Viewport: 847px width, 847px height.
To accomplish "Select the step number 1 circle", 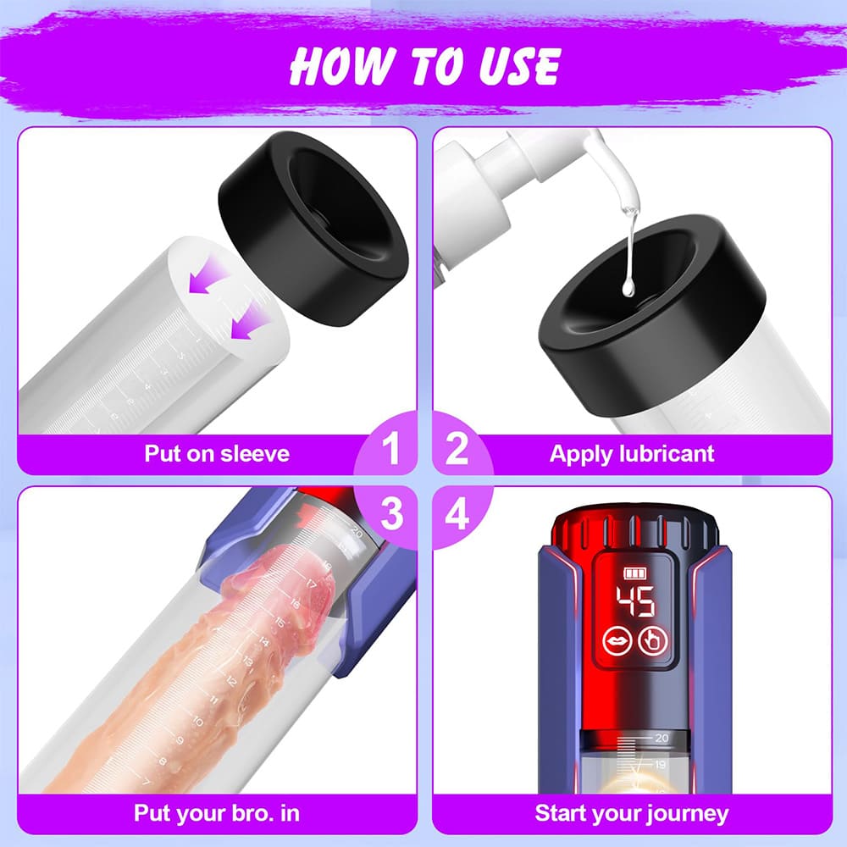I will (x=390, y=450).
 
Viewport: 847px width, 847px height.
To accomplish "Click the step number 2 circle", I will (x=457, y=450).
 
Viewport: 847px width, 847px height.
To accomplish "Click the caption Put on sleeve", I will (x=217, y=453).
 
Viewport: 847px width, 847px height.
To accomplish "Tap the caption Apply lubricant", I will (x=632, y=453).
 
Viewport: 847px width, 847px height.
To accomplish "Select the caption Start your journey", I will (x=632, y=814).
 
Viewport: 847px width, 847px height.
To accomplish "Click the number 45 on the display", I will (x=634, y=601).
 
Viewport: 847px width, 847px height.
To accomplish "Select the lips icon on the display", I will (x=615, y=642).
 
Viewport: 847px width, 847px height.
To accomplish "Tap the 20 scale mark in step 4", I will (x=661, y=738).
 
